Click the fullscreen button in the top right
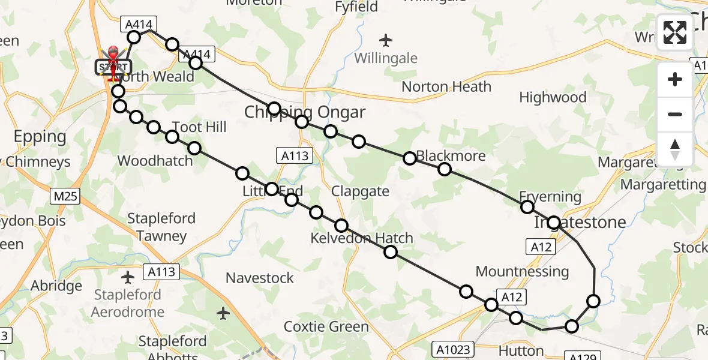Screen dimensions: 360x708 point(675,32)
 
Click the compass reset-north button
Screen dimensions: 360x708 point(675,149)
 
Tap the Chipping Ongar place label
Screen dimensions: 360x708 point(305,112)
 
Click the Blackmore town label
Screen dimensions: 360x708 point(451,156)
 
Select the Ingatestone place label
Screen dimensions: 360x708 point(580,222)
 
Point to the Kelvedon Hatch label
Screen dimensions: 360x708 point(362,238)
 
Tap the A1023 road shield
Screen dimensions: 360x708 point(453,349)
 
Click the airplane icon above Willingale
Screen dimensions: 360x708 point(386,41)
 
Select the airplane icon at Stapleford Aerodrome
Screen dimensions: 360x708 point(128,277)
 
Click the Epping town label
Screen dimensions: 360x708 point(40,137)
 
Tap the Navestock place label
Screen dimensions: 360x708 point(260,278)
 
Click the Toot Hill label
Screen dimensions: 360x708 point(199,127)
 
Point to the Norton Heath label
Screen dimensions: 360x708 point(446,86)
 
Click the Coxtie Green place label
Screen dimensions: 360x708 point(326,326)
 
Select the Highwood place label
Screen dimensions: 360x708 point(553,97)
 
